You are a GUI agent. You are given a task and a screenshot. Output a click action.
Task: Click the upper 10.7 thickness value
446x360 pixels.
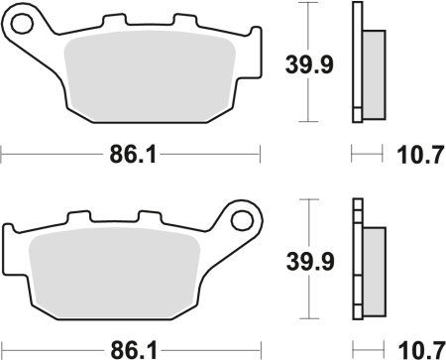[417, 155]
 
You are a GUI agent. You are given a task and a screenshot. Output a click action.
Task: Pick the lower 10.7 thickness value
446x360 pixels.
[417, 348]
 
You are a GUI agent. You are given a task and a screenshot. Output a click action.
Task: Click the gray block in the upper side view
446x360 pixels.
[374, 69]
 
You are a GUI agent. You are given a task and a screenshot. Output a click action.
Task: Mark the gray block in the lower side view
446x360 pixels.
[374, 266]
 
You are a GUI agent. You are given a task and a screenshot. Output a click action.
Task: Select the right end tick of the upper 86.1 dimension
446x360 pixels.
[260, 154]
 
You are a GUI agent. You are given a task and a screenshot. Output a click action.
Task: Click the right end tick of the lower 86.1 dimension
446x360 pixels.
[260, 348]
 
